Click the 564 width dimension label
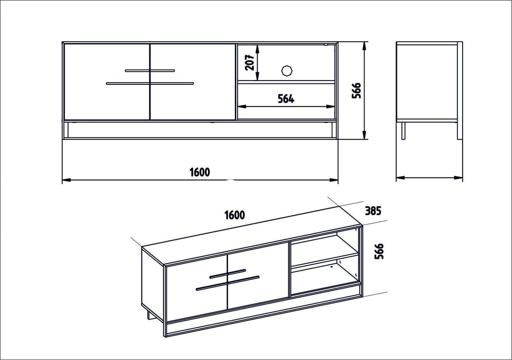pos(286,99)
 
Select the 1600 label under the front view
pos(199,172)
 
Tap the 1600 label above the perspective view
pos(234,215)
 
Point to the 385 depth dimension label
pos(373,210)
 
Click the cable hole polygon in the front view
pos(287,70)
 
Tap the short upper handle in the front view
pos(150,70)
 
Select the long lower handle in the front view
pos(150,83)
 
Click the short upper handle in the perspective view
pos(228,273)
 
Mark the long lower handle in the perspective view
pos(228,283)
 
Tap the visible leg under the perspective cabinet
pos(148,316)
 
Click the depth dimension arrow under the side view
pos(429,178)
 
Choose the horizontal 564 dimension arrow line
pos(286,106)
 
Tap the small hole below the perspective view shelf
pos(333,266)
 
